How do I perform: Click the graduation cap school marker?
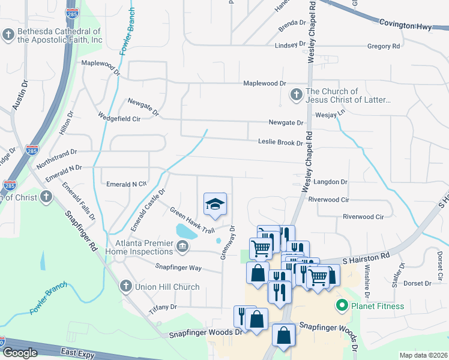point(215,204)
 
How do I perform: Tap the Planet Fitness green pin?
point(342,306)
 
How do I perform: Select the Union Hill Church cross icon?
point(126,286)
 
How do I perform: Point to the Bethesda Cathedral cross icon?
point(8,35)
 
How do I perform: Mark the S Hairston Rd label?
point(366,255)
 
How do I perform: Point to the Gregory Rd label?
point(383,46)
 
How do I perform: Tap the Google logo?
point(20,353)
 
